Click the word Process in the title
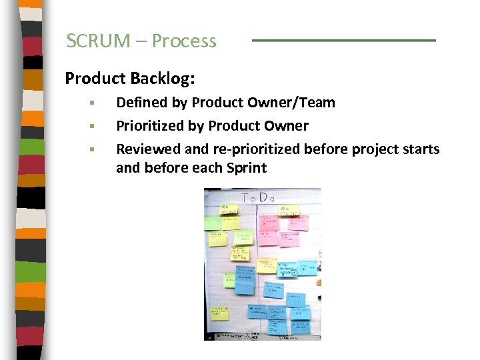(x=184, y=41)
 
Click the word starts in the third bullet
(x=420, y=149)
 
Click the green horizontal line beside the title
(x=343, y=41)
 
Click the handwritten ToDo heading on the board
(x=258, y=197)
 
